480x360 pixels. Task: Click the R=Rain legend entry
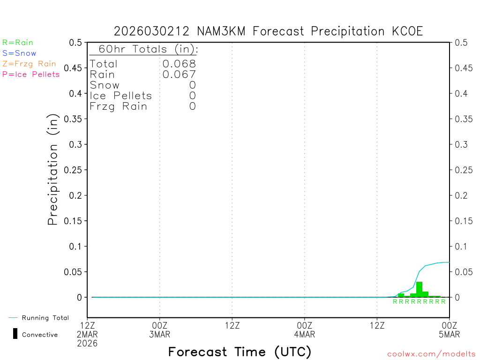18,43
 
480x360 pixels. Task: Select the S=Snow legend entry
19,53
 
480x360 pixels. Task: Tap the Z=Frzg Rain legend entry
29,64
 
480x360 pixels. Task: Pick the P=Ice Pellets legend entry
31,74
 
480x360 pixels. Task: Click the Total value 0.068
179,64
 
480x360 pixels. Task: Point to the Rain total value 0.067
179,75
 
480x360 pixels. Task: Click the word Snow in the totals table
105,85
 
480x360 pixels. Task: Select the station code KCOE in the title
408,31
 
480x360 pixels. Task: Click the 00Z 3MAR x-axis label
160,330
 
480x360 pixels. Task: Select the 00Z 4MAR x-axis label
305,330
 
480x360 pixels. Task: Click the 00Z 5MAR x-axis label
450,330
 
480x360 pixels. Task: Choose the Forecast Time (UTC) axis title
240,352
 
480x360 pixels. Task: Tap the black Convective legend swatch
15,334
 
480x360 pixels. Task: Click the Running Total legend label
45,318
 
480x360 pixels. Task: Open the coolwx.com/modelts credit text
431,354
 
